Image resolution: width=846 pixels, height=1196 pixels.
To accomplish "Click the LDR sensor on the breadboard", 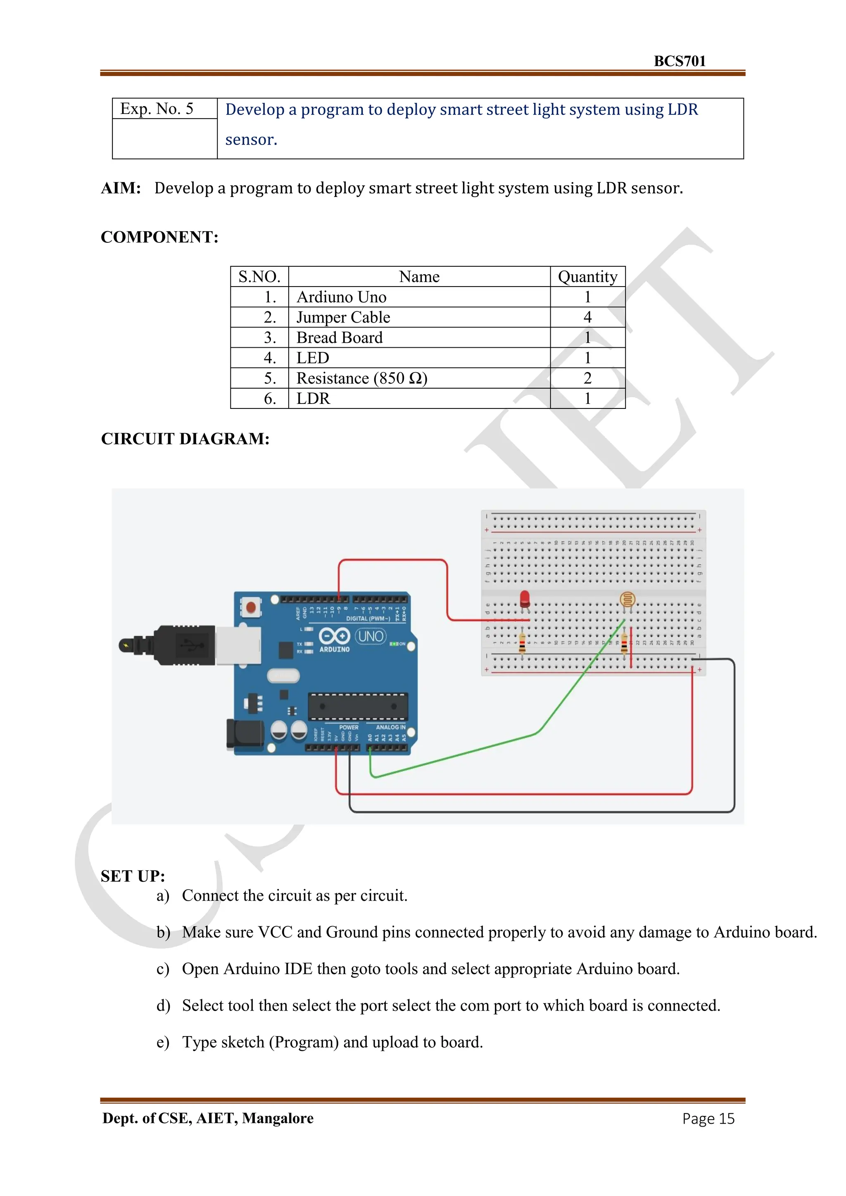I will point(627,600).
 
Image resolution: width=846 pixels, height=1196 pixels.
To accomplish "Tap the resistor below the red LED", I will point(522,642).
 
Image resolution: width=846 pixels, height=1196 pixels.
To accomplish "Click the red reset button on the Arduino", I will point(251,607).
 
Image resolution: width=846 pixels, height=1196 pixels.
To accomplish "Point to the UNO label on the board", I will point(371,636).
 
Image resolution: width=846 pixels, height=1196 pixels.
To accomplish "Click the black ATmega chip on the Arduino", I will point(357,706).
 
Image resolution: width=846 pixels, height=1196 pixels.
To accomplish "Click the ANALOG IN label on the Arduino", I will point(390,727).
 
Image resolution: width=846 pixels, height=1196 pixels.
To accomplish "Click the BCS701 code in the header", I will point(679,61).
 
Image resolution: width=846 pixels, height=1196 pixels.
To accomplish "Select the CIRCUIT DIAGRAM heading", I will point(185,439).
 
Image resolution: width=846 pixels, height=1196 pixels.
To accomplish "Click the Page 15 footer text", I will point(708,1118).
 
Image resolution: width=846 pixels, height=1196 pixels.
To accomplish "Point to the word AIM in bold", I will point(121,188).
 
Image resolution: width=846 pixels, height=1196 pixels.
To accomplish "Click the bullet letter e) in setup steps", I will point(162,1042).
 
